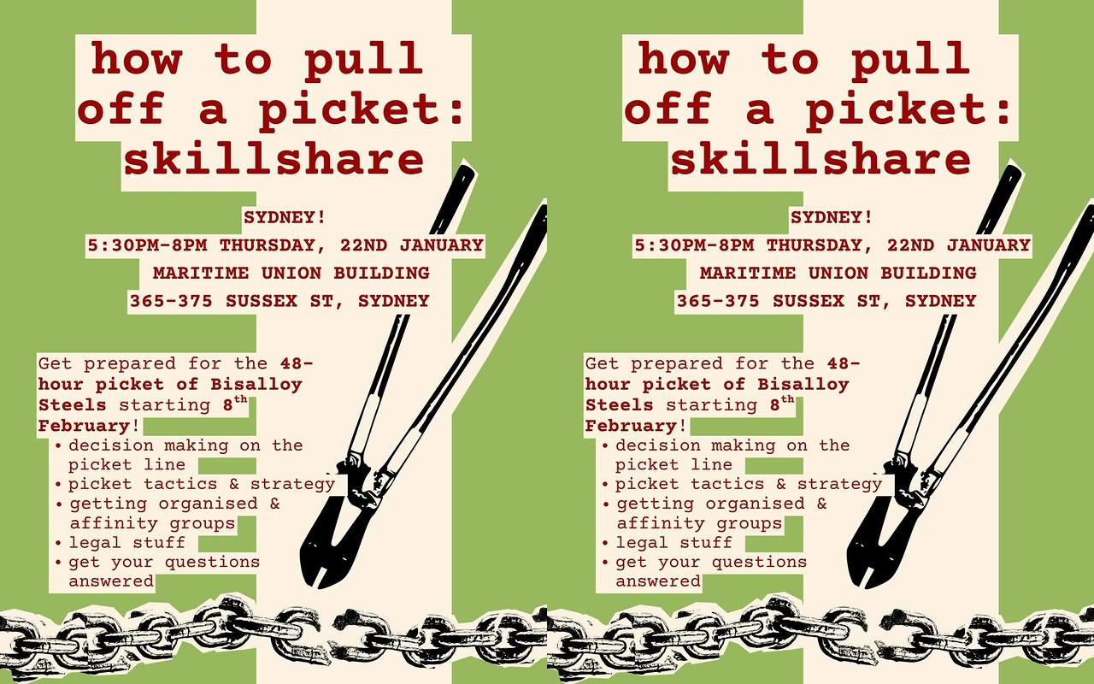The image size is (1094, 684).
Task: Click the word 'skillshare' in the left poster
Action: pyautogui.click(x=273, y=159)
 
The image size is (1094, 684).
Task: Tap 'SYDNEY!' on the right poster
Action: pyautogui.click(x=832, y=217)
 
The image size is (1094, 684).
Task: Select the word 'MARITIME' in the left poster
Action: pyautogui.click(x=201, y=273)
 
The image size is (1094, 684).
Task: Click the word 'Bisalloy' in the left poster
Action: pyautogui.click(x=256, y=385)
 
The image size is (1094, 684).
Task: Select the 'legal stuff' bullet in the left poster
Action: pyautogui.click(x=127, y=542)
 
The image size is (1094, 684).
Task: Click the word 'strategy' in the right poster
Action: pyautogui.click(x=839, y=484)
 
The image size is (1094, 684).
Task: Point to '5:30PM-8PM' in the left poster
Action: pyautogui.click(x=148, y=245)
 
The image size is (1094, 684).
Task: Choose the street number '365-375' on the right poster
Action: pyautogui.click(x=718, y=300)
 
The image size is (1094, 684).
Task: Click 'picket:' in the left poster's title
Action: pyautogui.click(x=361, y=109)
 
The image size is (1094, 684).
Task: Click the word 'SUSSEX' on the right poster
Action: pyautogui.click(x=809, y=300)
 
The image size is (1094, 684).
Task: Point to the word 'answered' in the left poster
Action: pyautogui.click(x=111, y=581)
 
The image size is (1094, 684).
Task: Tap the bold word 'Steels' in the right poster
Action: pyautogui.click(x=620, y=405)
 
